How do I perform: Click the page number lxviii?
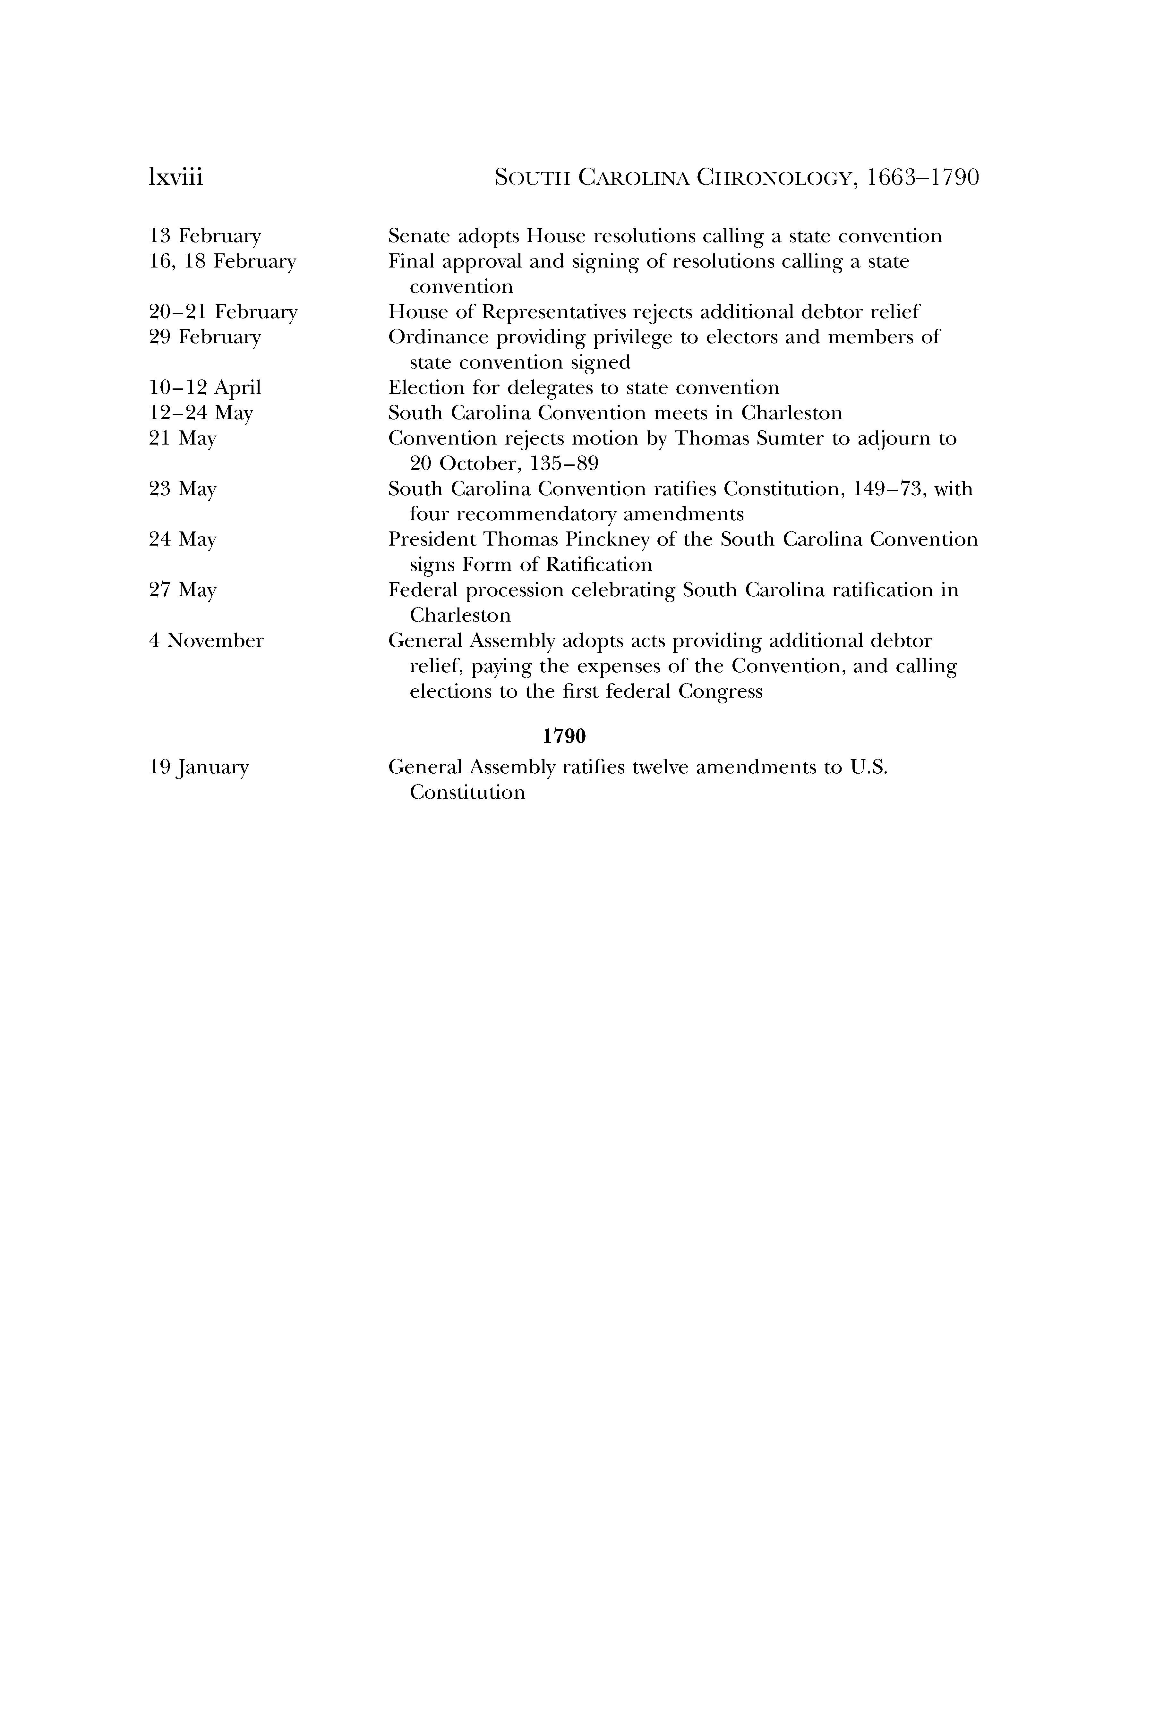175,177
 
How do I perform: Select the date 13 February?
205,236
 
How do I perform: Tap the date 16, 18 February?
222,261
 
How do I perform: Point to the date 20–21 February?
223,312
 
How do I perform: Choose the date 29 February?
205,337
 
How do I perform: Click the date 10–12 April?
205,388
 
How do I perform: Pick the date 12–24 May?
200,413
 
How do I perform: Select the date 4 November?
206,641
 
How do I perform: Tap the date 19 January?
199,767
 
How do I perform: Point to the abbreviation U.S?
869,767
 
